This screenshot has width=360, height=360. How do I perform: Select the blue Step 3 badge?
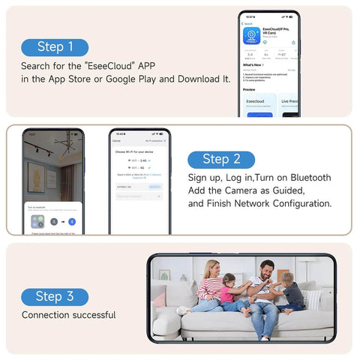coord(55,296)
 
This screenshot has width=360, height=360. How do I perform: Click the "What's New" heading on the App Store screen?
coord(252,64)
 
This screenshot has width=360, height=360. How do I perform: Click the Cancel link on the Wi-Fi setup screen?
coord(116,140)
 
